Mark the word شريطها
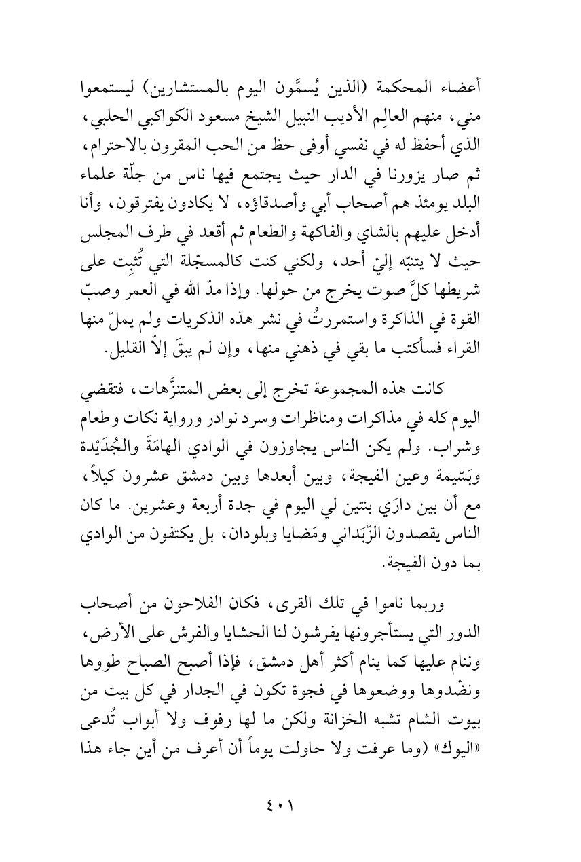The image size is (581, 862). [477, 318]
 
